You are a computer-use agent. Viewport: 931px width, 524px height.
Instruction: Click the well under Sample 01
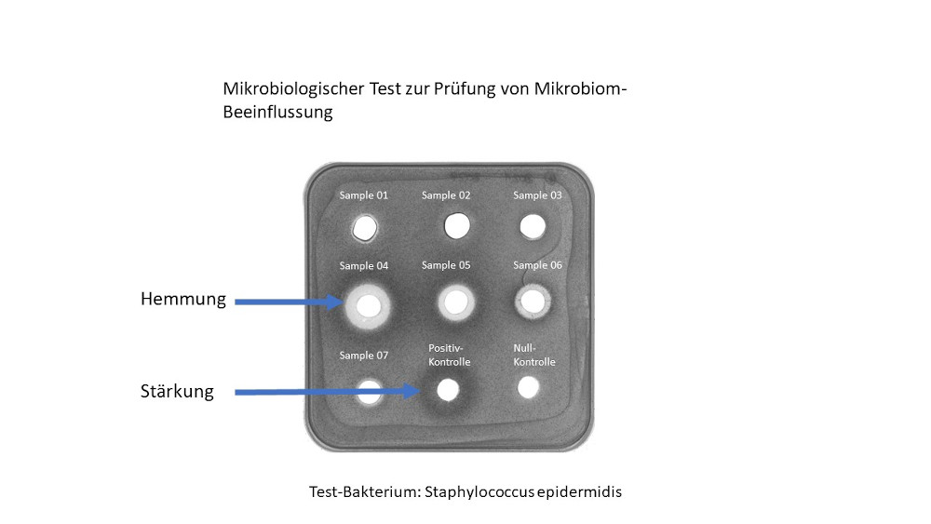(x=365, y=227)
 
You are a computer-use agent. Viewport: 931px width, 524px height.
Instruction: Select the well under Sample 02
(x=456, y=225)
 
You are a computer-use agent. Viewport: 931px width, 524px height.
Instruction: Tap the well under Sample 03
(x=532, y=226)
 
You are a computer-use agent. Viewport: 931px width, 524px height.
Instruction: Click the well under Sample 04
(x=368, y=304)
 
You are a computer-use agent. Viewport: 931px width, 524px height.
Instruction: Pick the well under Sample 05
(x=454, y=302)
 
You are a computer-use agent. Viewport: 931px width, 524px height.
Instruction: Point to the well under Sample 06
(x=533, y=301)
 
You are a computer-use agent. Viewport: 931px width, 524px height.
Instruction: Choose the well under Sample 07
(x=369, y=390)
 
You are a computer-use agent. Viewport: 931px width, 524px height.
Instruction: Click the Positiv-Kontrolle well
(x=448, y=389)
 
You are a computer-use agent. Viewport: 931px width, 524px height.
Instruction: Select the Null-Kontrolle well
(x=529, y=385)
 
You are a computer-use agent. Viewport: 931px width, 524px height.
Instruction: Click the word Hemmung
(x=182, y=299)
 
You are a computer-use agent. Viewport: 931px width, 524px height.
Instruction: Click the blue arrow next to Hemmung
(x=289, y=302)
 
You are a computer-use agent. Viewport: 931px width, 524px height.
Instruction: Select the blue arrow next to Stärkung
(x=326, y=393)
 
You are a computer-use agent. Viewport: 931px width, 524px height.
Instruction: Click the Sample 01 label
(x=364, y=195)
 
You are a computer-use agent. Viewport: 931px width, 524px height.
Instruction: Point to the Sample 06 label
(x=537, y=265)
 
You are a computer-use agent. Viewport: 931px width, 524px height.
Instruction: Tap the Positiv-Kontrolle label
(x=449, y=355)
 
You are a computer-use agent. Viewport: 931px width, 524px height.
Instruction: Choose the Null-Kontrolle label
(x=534, y=355)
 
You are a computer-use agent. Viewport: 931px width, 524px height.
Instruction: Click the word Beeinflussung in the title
(x=277, y=113)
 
